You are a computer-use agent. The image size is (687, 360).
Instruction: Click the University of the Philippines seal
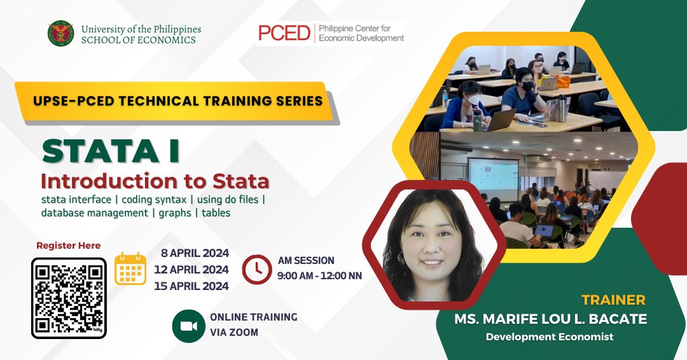(x=61, y=34)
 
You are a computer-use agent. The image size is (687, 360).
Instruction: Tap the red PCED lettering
(x=284, y=33)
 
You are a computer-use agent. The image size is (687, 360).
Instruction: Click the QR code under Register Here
(x=69, y=298)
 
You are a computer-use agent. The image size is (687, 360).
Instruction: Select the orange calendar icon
(x=130, y=268)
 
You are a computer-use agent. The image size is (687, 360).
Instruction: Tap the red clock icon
(x=257, y=269)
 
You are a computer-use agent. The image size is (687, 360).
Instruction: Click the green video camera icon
(x=188, y=326)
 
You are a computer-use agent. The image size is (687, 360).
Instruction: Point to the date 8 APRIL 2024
(x=195, y=253)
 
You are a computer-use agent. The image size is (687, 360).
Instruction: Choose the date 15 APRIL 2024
(x=191, y=286)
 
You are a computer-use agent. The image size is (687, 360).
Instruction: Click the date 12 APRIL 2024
(x=191, y=270)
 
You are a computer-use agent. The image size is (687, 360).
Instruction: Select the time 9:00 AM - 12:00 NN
(x=319, y=276)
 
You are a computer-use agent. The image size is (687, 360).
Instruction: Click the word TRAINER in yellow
(x=613, y=300)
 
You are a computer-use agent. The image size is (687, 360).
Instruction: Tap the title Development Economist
(x=550, y=337)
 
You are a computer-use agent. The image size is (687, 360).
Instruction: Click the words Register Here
(x=68, y=246)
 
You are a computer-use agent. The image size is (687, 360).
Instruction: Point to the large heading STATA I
(x=111, y=151)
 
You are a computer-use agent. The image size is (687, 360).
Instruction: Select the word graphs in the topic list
(x=175, y=213)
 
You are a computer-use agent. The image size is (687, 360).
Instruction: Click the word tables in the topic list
(x=216, y=213)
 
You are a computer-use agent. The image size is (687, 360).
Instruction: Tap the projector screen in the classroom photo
(x=494, y=174)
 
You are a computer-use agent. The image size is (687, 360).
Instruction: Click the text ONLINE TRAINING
(x=254, y=317)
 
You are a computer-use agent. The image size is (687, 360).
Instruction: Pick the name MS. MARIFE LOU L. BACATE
(x=550, y=319)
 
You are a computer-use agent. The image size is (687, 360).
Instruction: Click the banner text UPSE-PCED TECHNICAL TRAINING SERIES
(x=178, y=100)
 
